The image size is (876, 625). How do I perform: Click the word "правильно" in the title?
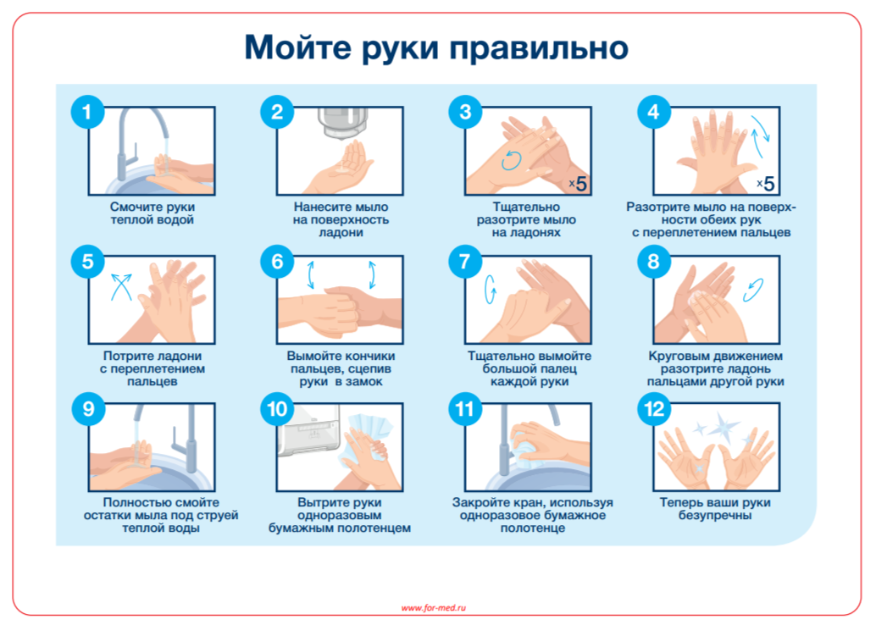[539, 48]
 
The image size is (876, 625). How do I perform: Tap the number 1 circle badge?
[87, 112]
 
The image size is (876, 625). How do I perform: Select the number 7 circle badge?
[465, 262]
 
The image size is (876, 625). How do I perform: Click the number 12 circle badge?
[654, 409]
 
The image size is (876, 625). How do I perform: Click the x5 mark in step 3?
[579, 183]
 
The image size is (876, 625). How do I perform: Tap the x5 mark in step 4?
[766, 183]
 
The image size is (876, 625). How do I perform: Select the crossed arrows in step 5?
[122, 286]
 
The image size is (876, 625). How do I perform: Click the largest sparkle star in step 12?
[722, 427]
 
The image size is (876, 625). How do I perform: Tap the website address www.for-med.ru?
[434, 608]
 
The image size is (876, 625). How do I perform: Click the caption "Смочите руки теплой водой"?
[152, 213]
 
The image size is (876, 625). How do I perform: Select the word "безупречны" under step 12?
[715, 516]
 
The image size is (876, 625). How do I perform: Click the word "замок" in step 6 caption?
[364, 382]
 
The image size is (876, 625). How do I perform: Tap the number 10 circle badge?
[276, 409]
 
